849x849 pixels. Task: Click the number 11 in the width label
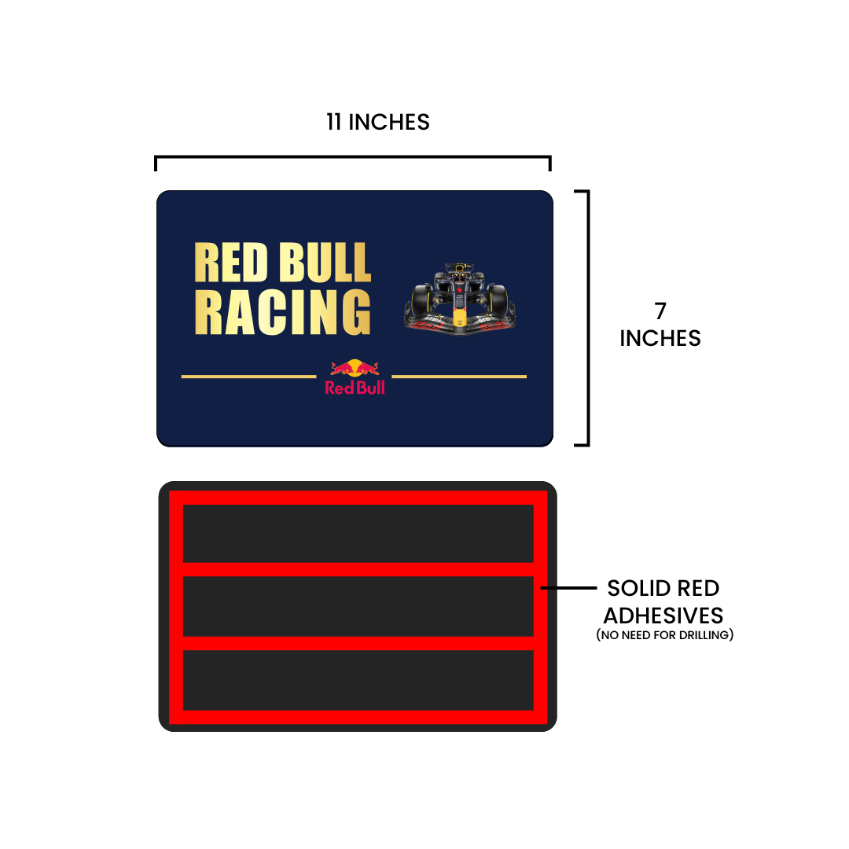[x=333, y=122]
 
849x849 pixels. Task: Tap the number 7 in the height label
[x=660, y=311]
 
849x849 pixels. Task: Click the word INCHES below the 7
[x=660, y=338]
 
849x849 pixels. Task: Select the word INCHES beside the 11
[x=389, y=122]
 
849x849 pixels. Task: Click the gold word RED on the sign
[x=231, y=263]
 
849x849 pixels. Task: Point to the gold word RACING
[x=283, y=311]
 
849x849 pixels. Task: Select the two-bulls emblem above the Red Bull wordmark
[x=355, y=368]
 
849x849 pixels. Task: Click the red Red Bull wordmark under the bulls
[x=355, y=388]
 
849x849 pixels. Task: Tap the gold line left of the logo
[x=248, y=377]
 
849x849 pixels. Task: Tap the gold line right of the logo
[x=459, y=377]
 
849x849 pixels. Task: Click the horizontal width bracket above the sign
[x=352, y=157]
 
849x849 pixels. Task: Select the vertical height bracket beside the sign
[x=588, y=318]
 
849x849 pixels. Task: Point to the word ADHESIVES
[x=663, y=616]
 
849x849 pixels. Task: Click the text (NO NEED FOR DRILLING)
[x=665, y=635]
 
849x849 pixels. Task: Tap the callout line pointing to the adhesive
[x=568, y=587]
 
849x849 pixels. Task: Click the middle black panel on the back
[x=358, y=606]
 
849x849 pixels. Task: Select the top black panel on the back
[x=358, y=534]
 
